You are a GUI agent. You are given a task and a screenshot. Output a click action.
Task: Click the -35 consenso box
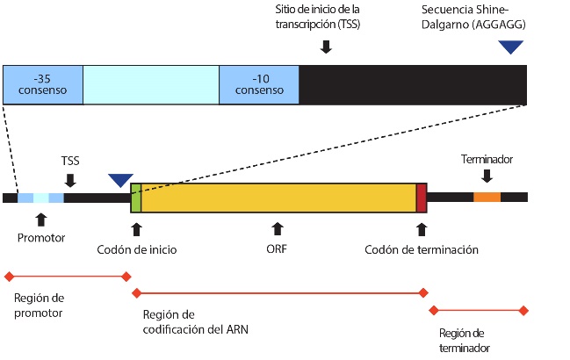42,84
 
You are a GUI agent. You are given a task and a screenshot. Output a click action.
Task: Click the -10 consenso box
259,84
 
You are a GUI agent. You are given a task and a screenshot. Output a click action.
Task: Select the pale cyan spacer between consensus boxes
150,84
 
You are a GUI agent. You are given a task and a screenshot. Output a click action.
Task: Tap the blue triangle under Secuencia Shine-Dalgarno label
509,47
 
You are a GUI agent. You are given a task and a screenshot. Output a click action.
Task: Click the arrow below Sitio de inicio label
326,46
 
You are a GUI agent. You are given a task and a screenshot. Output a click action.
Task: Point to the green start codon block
135,198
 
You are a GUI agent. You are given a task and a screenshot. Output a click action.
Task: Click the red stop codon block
421,198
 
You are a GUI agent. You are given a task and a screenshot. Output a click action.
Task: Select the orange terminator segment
487,197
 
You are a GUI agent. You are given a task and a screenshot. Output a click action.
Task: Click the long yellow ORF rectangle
278,198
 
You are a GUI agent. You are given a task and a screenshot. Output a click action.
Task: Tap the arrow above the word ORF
278,229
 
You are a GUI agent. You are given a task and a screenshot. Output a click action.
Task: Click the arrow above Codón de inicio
136,229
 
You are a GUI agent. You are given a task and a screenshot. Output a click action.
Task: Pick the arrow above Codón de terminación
422,229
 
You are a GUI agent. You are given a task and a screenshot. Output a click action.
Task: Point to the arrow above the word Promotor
40,219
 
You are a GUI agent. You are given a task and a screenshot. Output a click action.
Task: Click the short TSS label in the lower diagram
70,162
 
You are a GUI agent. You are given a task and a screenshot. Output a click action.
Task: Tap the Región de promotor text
40,305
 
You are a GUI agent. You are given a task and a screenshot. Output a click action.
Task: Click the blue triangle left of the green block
120,180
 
